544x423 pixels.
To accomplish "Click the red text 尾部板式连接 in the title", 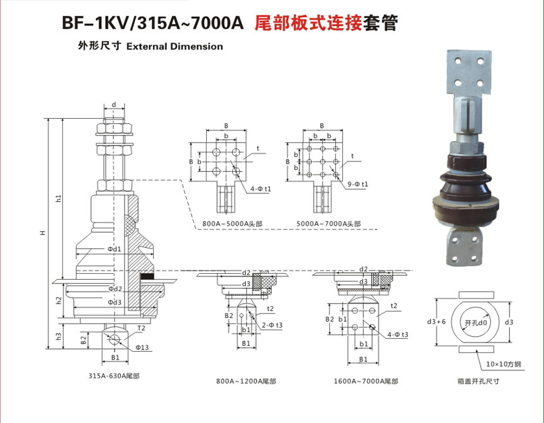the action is coord(309,23).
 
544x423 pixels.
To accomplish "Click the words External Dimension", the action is coord(174,47).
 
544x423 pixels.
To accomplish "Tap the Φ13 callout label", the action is coord(142,347).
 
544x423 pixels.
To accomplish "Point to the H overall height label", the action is coord(43,233).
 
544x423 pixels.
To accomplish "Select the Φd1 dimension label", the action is coord(114,248).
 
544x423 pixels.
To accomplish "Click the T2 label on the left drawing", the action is coord(141,328).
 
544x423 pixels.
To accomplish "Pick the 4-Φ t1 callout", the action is coord(261,189).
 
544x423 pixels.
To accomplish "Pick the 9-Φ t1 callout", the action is coord(358,184).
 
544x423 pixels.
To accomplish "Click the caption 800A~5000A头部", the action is coord(233,224).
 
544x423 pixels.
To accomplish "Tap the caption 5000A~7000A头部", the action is coord(329,224).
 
